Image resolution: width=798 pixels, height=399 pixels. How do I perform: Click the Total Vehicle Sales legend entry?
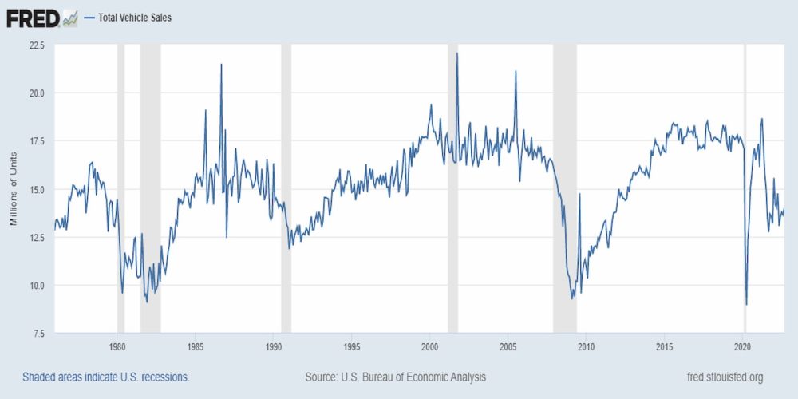(x=134, y=17)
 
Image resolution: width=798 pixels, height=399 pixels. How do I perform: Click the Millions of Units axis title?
(x=14, y=189)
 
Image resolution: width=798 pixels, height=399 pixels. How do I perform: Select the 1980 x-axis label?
(x=117, y=346)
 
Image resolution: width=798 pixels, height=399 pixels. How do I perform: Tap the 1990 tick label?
(x=274, y=346)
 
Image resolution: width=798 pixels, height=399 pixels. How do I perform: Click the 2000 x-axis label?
(x=430, y=346)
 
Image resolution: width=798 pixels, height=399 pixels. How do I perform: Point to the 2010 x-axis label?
(x=587, y=346)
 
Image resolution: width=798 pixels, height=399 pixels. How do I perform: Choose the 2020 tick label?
(x=743, y=346)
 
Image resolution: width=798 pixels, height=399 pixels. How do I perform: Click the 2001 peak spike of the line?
(x=457, y=54)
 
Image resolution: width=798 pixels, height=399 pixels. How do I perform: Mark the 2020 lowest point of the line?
(x=746, y=304)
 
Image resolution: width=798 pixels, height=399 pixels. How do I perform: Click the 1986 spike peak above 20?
(x=221, y=65)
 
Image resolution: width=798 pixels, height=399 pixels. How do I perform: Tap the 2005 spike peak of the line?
(x=516, y=72)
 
